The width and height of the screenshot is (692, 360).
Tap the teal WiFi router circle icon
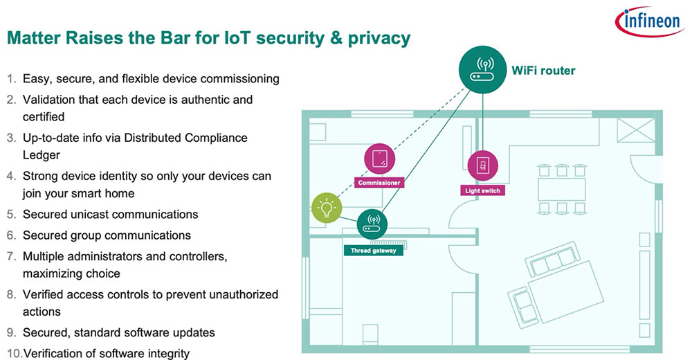482,71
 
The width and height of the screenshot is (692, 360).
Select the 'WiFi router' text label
543,71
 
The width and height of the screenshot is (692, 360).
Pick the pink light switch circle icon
482,166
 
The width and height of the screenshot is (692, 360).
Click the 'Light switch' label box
482,190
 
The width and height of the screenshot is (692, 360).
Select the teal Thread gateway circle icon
372,224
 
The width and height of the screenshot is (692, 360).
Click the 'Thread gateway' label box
372,250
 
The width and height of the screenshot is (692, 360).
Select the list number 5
11,215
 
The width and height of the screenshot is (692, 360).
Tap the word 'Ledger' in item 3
42,156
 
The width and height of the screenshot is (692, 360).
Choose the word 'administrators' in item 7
101,256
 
